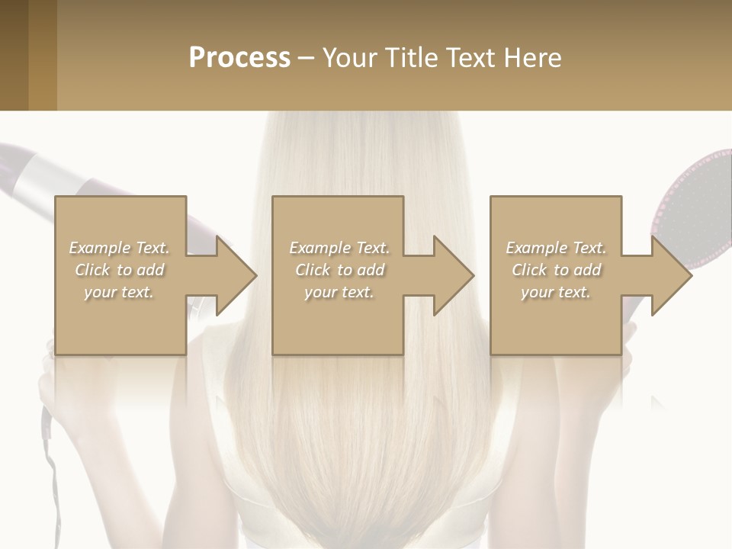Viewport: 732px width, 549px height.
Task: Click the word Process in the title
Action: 239,57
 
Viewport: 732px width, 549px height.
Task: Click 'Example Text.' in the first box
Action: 119,248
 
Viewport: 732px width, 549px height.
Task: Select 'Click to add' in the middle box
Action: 339,270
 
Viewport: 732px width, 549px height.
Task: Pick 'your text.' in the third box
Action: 555,292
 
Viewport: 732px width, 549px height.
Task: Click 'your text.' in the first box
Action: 119,292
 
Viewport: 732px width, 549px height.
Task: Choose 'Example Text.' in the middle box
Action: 339,248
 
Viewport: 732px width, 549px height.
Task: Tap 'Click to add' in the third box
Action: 557,270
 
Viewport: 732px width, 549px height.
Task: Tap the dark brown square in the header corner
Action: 14,55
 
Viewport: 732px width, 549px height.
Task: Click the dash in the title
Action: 307,57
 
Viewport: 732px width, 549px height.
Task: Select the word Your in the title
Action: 350,57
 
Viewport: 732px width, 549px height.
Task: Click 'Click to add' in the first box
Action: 120,270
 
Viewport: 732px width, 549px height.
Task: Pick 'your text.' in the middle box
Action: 339,292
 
